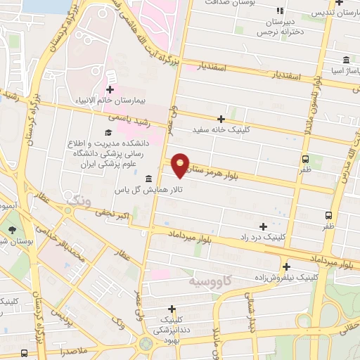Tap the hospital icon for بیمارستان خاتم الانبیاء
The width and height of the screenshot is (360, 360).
(110, 89)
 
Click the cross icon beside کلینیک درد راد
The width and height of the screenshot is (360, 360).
(264, 226)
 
